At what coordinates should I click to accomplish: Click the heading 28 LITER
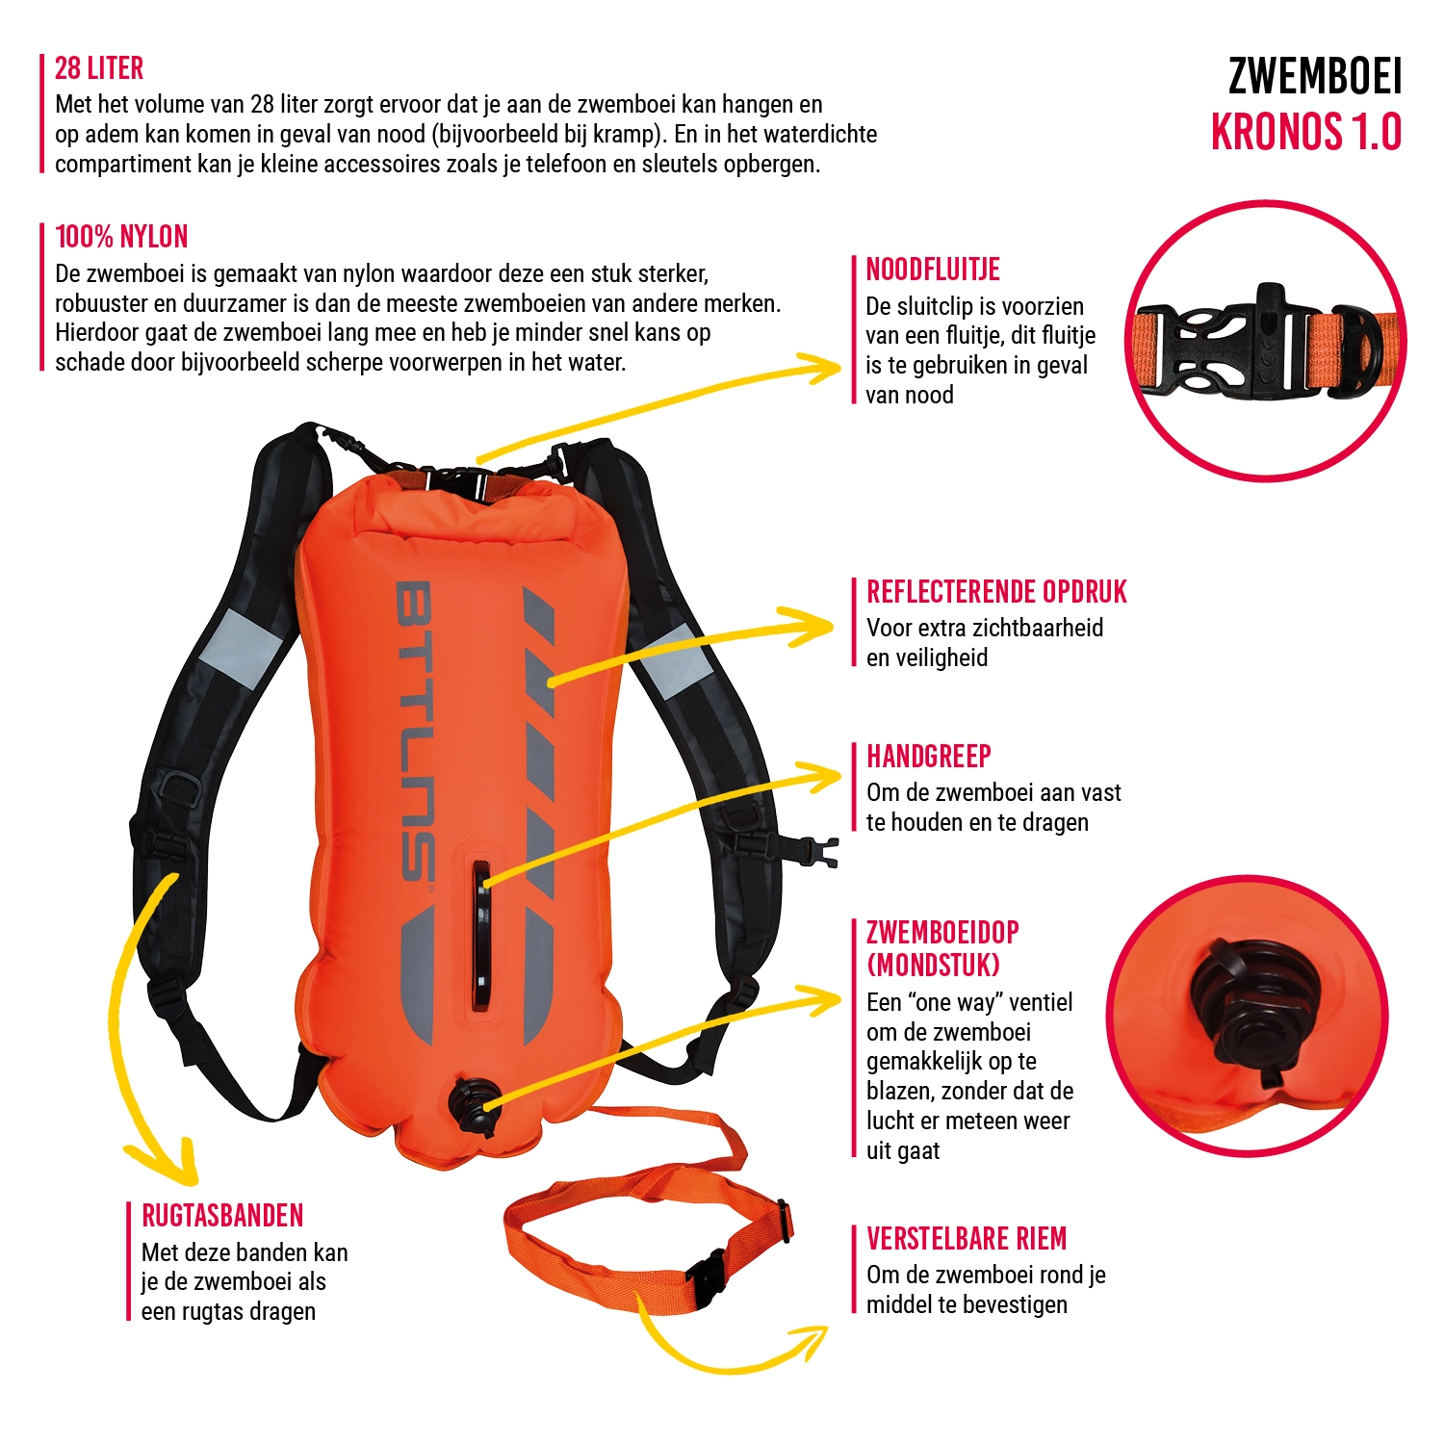(99, 68)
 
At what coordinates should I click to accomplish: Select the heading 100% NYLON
(121, 237)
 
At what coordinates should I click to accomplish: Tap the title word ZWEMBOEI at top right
(1314, 77)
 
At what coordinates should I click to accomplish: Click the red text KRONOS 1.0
(1305, 133)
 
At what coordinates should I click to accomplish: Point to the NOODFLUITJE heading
(933, 270)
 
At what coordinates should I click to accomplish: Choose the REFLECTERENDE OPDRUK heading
(996, 592)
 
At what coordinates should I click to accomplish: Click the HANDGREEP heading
(929, 757)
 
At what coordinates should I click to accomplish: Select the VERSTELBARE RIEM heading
(967, 1239)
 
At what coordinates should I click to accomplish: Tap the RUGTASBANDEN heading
(222, 1216)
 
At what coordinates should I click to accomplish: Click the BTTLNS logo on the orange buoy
(415, 732)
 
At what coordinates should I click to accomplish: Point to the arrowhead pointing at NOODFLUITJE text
(828, 368)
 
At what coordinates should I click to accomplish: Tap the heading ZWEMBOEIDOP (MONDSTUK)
(942, 948)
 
